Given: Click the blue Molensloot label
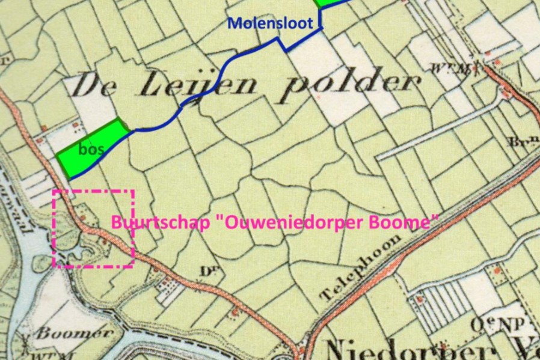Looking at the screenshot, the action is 270,23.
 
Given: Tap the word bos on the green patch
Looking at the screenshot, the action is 90,149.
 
